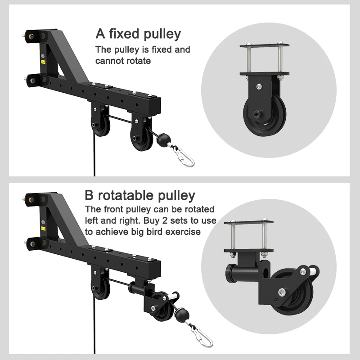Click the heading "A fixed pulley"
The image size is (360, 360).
tap(138, 34)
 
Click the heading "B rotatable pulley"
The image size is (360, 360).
tap(140, 195)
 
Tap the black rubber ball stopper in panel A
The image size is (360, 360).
tap(164, 139)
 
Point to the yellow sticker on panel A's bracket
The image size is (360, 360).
tap(43, 62)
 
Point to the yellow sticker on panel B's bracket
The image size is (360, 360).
tap(43, 229)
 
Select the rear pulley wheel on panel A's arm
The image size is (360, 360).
tap(100, 126)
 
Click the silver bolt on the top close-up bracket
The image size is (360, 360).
tap(259, 86)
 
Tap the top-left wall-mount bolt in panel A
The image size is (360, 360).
tap(31, 36)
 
